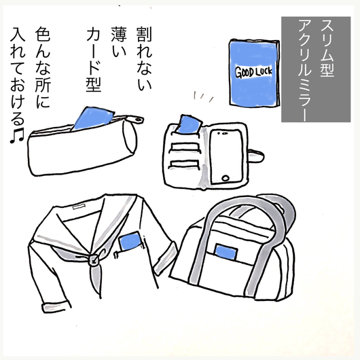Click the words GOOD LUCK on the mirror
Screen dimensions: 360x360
coord(253,72)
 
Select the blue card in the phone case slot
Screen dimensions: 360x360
coord(189,124)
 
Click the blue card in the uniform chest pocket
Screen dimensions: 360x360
coord(130,242)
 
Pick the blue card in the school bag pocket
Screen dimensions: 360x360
coord(226,251)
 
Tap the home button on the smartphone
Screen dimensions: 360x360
coord(226,178)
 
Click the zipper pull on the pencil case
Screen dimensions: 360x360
coord(137,119)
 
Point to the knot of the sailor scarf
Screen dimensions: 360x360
coord(94,259)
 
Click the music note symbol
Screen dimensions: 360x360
coord(17,136)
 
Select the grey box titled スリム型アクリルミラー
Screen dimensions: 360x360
coord(316,69)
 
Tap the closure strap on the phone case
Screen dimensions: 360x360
coord(256,156)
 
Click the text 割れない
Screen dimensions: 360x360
coord(144,58)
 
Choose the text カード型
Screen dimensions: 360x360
coord(94,60)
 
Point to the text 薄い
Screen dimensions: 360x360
coord(119,42)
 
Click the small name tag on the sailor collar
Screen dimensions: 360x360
coord(79,206)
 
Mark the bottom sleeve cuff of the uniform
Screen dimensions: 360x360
coord(56,307)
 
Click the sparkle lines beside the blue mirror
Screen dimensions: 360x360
coord(203,96)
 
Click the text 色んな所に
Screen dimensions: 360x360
coord(43,67)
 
